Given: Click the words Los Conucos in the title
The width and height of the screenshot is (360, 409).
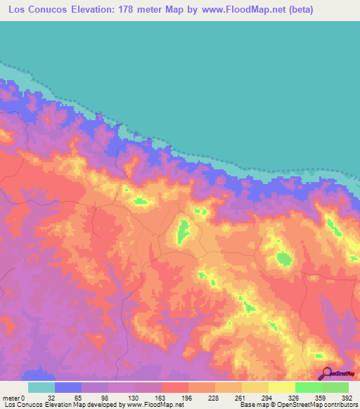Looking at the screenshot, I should [36, 10].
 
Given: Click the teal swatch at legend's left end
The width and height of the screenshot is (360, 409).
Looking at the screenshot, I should [41, 387].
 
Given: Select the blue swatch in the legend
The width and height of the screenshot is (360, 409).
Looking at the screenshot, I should [68, 387].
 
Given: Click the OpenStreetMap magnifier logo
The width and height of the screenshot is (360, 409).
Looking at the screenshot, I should [326, 373].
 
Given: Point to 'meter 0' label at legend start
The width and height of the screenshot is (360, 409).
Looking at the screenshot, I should [13, 398].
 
